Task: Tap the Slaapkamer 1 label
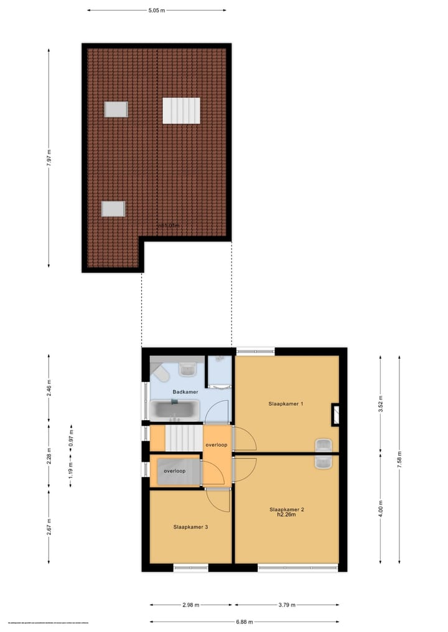click(286, 404)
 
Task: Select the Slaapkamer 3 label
click(190, 527)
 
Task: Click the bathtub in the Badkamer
click(174, 410)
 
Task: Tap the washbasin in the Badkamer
click(188, 370)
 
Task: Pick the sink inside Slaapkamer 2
click(324, 461)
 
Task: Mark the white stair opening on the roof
click(181, 111)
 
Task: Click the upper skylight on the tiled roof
click(116, 109)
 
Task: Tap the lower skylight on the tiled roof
click(113, 209)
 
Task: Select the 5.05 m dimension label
click(156, 11)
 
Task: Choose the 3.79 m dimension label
click(286, 605)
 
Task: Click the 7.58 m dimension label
click(399, 461)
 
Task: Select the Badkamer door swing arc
click(218, 410)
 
